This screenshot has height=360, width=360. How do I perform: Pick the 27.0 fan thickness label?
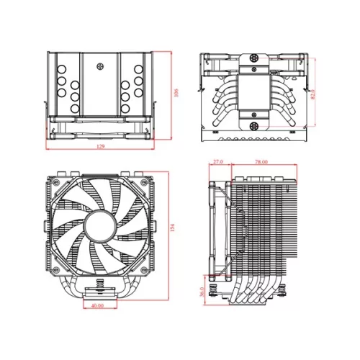[x=219, y=163]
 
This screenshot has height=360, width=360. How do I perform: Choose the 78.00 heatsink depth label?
[x=261, y=163]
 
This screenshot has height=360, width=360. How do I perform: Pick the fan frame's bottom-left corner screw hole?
[x=56, y=270]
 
